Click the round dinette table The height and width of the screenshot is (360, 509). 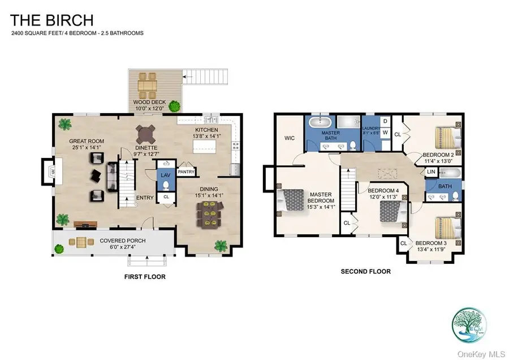point(146,134)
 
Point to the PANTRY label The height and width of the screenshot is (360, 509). point(186,172)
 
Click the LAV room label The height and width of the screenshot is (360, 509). point(166,176)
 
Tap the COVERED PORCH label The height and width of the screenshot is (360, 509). point(123,241)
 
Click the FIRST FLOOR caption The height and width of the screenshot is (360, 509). point(144,277)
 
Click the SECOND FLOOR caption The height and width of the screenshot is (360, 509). point(365,271)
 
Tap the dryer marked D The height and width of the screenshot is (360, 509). point(385,121)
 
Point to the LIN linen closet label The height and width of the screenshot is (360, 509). point(431,172)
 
